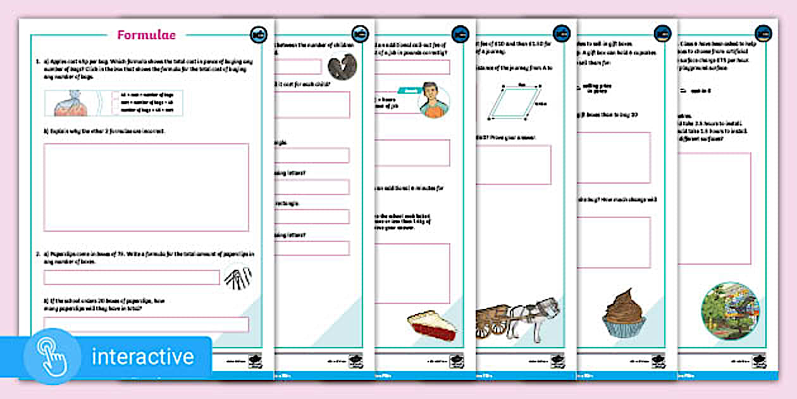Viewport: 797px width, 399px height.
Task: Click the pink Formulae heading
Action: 146,35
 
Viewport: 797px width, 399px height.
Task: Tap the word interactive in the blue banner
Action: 142,357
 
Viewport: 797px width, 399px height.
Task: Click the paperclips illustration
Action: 238,277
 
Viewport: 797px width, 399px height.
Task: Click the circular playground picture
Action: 731,311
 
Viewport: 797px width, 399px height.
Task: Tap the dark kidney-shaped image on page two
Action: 341,66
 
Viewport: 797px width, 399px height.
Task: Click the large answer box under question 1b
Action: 146,187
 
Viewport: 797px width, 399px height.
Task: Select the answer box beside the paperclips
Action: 132,277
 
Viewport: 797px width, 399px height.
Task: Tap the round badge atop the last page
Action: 763,33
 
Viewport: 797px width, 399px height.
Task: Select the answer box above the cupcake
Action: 613,243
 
